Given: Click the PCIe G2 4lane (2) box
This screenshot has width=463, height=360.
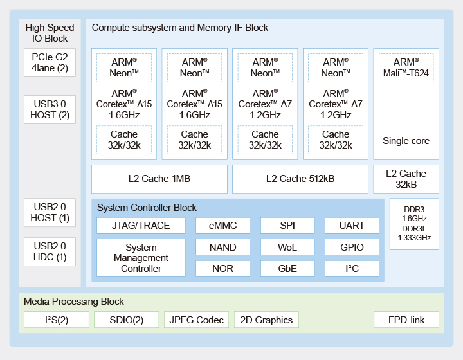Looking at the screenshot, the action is point(50,62).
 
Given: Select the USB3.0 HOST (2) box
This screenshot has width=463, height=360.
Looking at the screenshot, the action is point(50,109).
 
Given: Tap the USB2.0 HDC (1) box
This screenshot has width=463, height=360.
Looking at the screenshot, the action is point(50,252).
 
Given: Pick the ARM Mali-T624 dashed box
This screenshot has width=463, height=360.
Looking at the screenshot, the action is point(406,67).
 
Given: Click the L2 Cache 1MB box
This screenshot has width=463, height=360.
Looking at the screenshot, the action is point(159,179).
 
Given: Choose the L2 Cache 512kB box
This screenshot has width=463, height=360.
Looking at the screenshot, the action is point(300,179).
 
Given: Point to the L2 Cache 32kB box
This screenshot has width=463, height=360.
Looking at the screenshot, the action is point(406,179).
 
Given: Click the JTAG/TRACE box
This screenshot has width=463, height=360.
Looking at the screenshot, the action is point(141,226).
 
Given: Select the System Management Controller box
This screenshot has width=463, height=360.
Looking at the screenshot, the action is point(141,258).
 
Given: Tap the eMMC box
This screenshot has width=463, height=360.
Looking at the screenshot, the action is point(222,226).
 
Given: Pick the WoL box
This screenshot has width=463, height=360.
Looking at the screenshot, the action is point(287,247).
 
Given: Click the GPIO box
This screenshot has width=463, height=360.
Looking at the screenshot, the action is point(352,247).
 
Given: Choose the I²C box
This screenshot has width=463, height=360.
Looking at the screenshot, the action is point(352,269).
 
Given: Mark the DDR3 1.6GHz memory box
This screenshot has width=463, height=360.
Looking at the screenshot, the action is point(414,224).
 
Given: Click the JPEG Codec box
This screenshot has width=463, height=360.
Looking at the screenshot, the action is point(196,319).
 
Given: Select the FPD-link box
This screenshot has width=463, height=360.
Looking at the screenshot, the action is point(406,319).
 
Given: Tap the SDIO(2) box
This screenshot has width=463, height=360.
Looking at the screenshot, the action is point(127,319).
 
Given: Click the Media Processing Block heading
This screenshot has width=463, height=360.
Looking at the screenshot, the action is point(74,301).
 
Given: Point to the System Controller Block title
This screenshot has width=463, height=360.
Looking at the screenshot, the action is point(147,208).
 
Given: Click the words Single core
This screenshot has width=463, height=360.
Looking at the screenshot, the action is point(406,141).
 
